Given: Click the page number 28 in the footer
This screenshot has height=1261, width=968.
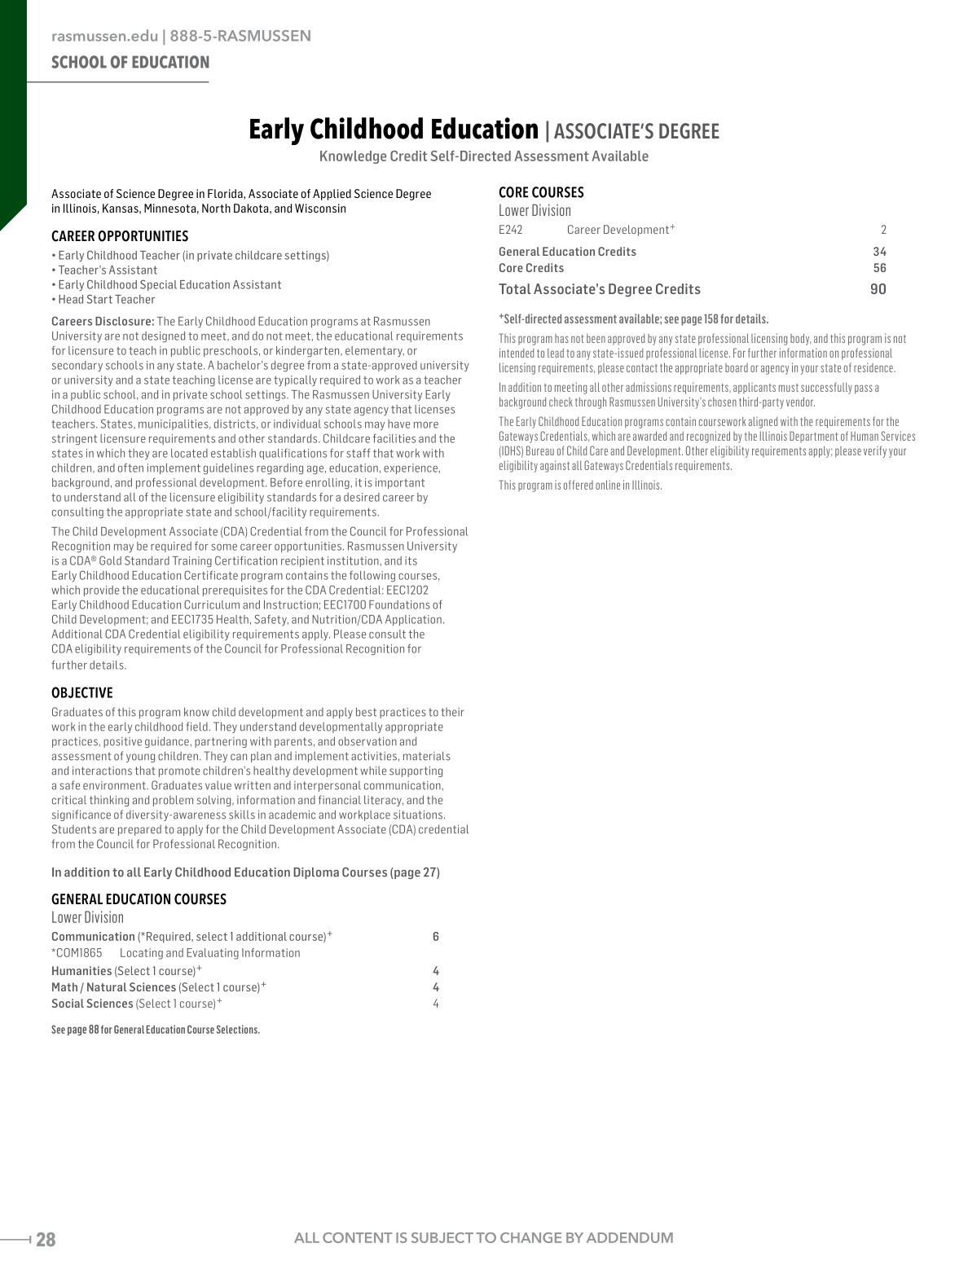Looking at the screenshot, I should (46, 1240).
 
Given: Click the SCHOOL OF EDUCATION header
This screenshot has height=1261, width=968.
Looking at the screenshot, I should (130, 63).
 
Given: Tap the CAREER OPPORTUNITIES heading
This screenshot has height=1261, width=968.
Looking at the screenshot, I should (120, 236).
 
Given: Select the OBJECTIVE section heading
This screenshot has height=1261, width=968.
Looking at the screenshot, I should (82, 693).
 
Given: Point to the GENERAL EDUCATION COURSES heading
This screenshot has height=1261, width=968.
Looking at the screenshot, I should (139, 899).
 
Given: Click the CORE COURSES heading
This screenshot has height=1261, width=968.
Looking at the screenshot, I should (541, 193).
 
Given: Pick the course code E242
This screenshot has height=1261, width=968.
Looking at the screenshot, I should (511, 230).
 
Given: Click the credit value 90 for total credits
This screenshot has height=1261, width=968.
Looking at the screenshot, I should (878, 289).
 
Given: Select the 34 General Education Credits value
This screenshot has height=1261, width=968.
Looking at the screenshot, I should (879, 252).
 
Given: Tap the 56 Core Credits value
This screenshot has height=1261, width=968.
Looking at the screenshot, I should (879, 268).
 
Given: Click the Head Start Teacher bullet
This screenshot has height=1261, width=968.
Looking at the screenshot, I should (106, 300).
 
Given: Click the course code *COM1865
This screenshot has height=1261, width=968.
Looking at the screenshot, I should (77, 953).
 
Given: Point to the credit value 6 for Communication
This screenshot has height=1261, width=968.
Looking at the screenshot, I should (436, 937).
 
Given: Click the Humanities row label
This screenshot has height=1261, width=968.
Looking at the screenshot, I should (81, 971).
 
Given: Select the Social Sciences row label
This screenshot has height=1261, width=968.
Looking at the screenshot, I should (92, 1004).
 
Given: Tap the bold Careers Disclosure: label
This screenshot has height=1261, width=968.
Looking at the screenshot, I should (103, 322).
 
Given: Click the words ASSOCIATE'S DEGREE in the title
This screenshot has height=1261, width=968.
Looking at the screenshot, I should (636, 132).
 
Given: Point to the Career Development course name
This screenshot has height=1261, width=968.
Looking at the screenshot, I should (618, 230).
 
